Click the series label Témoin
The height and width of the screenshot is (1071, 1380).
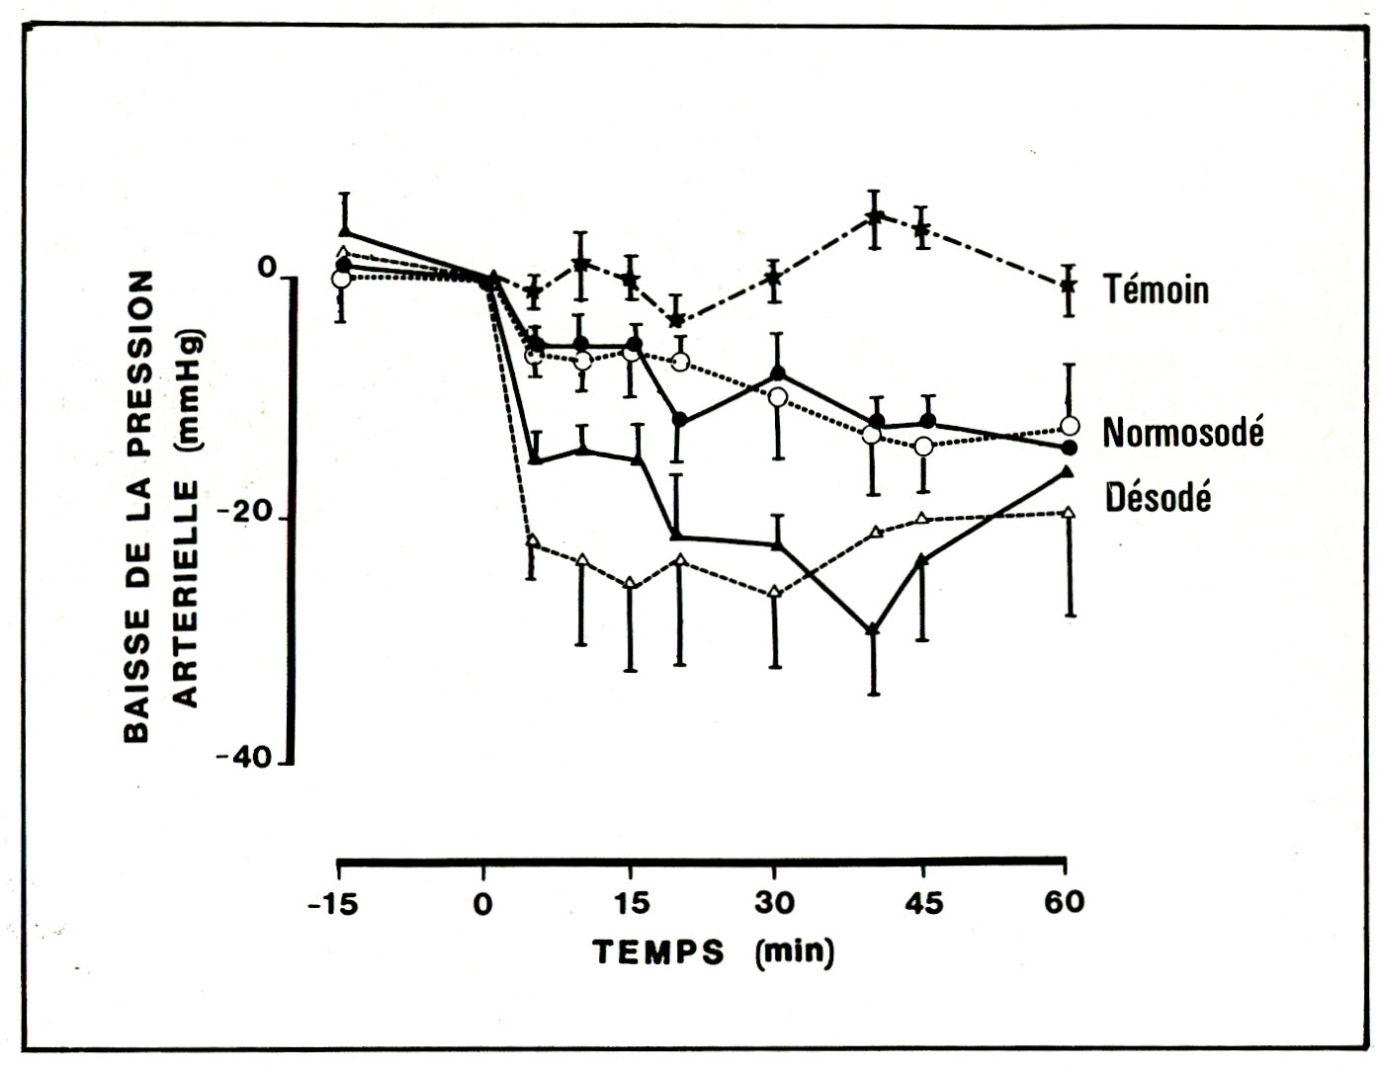(x=1156, y=289)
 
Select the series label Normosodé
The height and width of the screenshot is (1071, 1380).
(x=1182, y=432)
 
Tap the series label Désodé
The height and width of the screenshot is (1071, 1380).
(x=1158, y=496)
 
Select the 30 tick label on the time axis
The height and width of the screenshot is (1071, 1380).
(x=774, y=903)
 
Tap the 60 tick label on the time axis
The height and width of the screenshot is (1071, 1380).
(x=1064, y=902)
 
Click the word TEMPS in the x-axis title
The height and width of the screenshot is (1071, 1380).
(x=658, y=952)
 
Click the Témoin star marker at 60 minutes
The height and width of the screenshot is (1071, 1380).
(x=1068, y=286)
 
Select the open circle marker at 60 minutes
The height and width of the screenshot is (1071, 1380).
(x=1070, y=426)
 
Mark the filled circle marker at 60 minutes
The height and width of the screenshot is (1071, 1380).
(x=1070, y=448)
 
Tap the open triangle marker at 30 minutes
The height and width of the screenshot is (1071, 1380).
(x=775, y=592)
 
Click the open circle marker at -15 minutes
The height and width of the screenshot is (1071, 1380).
(x=341, y=279)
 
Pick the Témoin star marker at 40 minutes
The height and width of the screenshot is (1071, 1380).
(x=874, y=216)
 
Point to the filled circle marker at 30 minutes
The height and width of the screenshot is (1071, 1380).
(x=778, y=373)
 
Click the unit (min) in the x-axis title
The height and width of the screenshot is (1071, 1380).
(x=794, y=952)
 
